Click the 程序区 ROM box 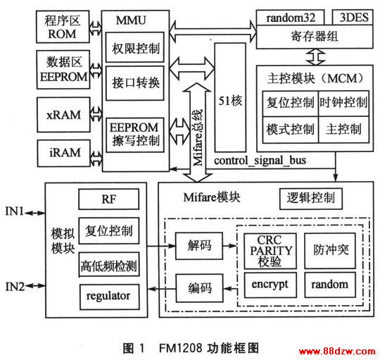point(63,27)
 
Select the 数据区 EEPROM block point(63,70)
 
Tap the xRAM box point(63,115)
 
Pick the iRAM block point(64,153)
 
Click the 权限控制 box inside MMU point(135,47)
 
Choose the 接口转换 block point(135,83)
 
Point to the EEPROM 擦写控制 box point(135,135)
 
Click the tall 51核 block point(230,97)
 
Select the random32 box point(291,18)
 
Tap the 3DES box point(353,18)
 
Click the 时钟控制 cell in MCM point(343,104)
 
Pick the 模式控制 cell point(291,130)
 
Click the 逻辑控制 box point(311,199)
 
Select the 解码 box point(199,246)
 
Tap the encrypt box point(270,285)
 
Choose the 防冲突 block point(330,251)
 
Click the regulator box point(110,297)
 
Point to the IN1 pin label point(15,211)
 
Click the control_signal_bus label point(260,161)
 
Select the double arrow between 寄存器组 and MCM point(316,57)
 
